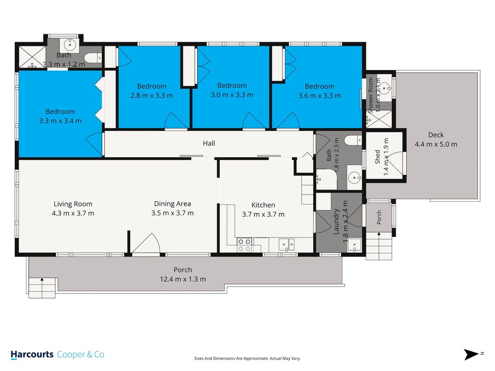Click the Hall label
point(209,143)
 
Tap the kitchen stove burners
point(244,245)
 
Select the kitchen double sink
point(287,244)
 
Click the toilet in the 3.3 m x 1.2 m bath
point(93,58)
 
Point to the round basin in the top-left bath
point(70,45)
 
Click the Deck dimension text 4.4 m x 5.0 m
point(436,144)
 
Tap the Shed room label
point(378,157)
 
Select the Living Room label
point(73,204)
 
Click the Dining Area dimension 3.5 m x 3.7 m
point(173,213)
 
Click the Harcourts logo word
point(32,355)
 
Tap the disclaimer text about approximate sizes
point(247,358)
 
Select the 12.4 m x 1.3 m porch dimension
point(183,279)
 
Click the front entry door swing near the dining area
point(146,243)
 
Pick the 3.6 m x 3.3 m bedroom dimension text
point(320,96)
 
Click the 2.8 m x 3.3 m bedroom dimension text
point(152,95)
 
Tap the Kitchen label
point(264,205)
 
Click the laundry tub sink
point(354,245)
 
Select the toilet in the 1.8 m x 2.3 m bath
point(353,141)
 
